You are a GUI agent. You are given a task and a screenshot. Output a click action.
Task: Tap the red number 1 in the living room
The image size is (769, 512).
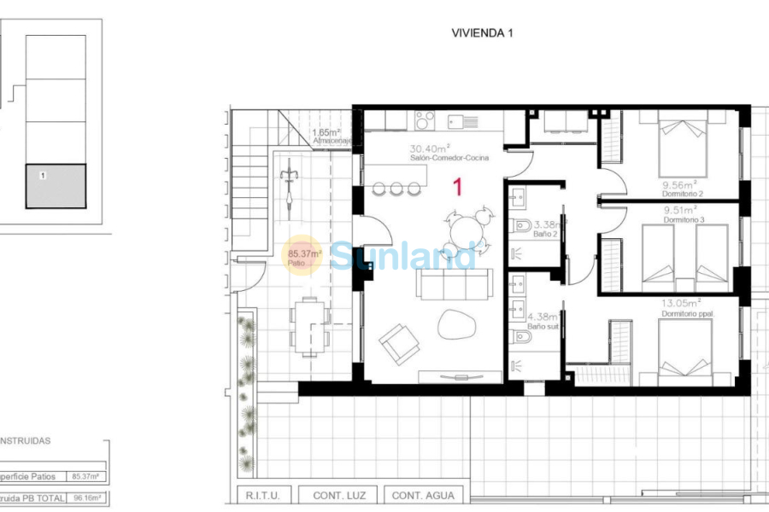457,187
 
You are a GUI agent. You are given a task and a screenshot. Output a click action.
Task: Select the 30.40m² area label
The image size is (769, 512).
430,147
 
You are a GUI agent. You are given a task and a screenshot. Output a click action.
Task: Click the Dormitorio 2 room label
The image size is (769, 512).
681,194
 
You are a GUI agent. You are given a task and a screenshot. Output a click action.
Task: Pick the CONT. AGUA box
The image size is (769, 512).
424,495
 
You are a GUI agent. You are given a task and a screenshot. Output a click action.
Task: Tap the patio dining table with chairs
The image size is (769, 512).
309,325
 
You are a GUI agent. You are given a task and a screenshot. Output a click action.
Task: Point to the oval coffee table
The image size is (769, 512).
457,325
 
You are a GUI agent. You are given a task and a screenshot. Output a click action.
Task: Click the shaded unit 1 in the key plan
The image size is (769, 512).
56,186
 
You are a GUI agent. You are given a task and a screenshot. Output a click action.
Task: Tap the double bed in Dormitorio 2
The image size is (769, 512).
680,145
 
